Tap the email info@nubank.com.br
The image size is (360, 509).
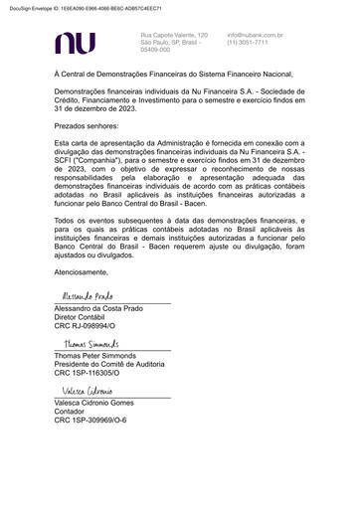(x=255, y=35)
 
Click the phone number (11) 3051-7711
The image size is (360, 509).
(x=248, y=43)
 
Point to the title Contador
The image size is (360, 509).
(x=72, y=411)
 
